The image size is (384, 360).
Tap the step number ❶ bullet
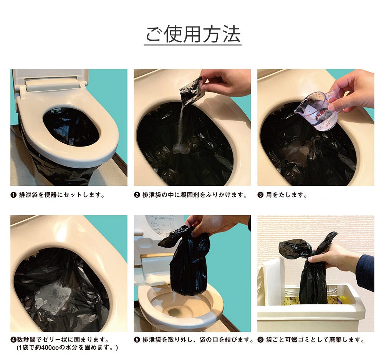(x=13, y=195)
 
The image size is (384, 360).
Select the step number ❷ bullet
(x=137, y=195)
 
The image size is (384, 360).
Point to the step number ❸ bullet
(x=260, y=195)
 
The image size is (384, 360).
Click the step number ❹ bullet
(x=13, y=340)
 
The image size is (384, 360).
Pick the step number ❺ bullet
(x=137, y=340)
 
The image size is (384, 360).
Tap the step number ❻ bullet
(x=261, y=340)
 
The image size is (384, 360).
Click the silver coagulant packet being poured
(x=191, y=91)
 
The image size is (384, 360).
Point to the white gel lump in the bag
(x=52, y=298)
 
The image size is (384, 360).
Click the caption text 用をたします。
(x=286, y=195)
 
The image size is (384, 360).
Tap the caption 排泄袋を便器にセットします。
(x=62, y=195)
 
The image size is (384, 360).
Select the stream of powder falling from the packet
(x=182, y=127)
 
